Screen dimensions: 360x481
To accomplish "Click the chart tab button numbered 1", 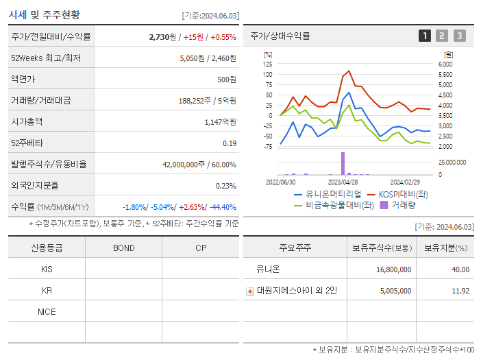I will [x=425, y=36].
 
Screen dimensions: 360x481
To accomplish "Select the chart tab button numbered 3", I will [x=459, y=36].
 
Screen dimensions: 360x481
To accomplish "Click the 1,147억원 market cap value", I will [x=220, y=121].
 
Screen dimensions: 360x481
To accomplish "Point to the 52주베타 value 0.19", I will [x=230, y=143].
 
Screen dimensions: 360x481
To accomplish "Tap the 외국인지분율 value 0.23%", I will [x=225, y=185].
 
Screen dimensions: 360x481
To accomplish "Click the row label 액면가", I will [x=23, y=79].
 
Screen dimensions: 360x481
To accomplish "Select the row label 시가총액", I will [x=27, y=121].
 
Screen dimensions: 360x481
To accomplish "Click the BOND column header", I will [x=123, y=248].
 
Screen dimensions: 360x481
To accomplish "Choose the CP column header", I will [x=200, y=248].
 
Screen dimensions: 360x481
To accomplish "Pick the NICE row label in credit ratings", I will [x=47, y=312].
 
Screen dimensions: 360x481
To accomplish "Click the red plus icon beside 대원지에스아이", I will [x=250, y=291].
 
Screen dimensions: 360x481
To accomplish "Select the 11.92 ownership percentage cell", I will [x=460, y=291].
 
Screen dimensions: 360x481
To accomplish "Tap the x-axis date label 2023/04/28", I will [x=343, y=182].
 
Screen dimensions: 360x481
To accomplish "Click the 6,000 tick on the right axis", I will [x=445, y=64].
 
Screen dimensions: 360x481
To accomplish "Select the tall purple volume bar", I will [x=343, y=163].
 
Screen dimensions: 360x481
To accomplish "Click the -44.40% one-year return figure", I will [x=222, y=206].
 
